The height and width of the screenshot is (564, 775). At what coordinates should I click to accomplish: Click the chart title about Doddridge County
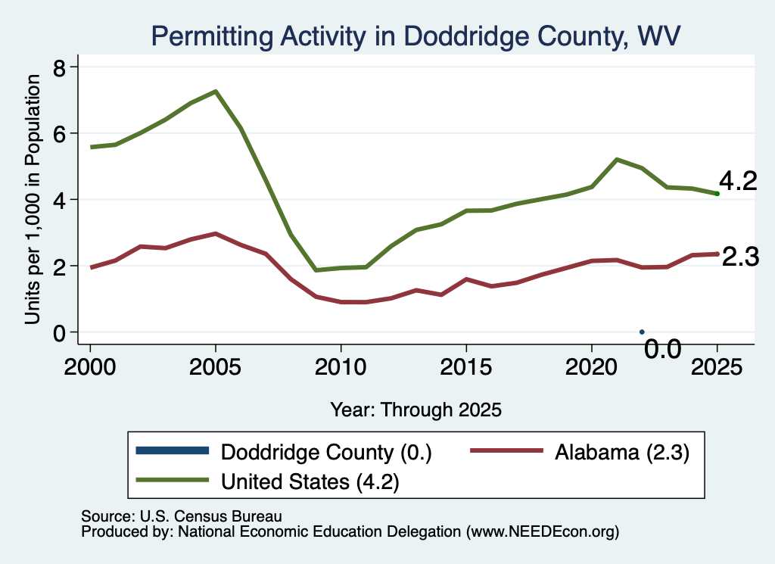point(416,36)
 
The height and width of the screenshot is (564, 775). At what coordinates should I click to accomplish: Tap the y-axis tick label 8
point(59,68)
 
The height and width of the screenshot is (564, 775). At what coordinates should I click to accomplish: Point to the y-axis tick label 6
point(59,135)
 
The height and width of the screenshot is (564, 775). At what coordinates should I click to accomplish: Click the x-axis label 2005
point(215,367)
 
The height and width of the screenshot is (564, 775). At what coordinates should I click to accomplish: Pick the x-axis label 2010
point(341,367)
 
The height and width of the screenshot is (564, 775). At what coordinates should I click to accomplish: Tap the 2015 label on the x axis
point(466,367)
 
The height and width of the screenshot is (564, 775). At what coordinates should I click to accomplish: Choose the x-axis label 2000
point(90,367)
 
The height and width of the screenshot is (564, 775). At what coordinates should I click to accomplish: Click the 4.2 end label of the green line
point(738,182)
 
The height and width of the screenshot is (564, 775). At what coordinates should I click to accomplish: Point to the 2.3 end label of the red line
point(740,257)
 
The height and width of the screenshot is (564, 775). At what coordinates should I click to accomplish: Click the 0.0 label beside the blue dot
point(663,350)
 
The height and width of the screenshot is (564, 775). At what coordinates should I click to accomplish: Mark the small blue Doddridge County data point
point(642,332)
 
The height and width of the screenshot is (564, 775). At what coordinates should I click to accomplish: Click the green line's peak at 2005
point(216,92)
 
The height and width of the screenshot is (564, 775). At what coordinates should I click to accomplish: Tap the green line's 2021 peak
point(617,160)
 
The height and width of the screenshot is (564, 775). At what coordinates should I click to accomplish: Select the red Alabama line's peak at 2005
point(216,233)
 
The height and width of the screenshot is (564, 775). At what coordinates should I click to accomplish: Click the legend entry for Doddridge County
point(284,452)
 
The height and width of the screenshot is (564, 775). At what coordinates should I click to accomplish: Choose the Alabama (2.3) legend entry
point(580,452)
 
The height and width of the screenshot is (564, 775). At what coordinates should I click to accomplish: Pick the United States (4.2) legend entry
point(267,481)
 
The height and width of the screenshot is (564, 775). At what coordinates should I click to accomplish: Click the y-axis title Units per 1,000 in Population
point(33,199)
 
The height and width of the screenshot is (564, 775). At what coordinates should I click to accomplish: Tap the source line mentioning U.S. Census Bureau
point(182,516)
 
